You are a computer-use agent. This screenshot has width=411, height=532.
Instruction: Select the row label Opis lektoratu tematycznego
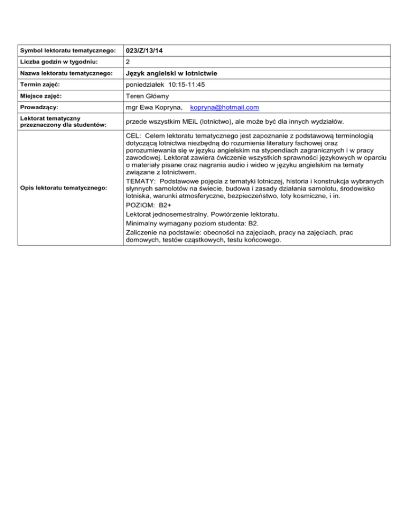coord(62,188)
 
